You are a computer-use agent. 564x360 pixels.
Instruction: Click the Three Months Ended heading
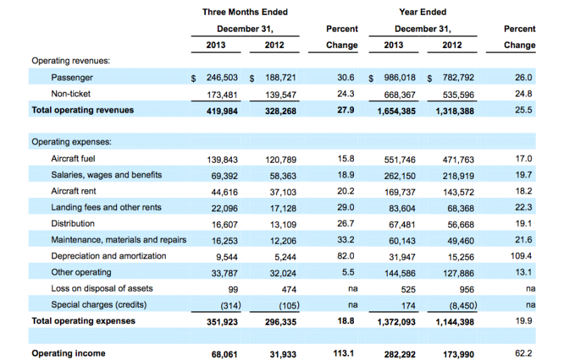(245, 12)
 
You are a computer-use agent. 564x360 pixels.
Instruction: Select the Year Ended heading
(422, 12)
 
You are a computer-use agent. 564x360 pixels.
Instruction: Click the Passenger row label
(72, 77)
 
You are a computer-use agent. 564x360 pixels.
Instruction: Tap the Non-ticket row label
(71, 94)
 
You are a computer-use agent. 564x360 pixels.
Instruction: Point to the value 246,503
(222, 77)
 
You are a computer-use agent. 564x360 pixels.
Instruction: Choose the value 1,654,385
(396, 111)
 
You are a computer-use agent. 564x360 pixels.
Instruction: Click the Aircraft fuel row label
(73, 159)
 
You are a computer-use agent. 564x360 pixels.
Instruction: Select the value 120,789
(281, 159)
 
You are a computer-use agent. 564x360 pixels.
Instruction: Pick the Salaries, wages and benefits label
(106, 175)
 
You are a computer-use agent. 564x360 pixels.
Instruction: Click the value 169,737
(400, 192)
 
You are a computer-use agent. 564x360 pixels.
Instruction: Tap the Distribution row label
(73, 223)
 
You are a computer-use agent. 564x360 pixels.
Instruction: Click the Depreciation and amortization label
(109, 256)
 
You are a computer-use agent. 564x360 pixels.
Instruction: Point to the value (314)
(231, 306)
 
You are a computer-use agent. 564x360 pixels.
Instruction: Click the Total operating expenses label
(83, 321)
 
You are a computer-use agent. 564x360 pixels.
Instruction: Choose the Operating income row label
(68, 354)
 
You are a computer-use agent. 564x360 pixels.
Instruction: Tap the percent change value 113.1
(343, 354)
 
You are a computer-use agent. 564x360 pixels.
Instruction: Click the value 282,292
(400, 354)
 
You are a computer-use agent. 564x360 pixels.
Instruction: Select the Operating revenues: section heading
(71, 61)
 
